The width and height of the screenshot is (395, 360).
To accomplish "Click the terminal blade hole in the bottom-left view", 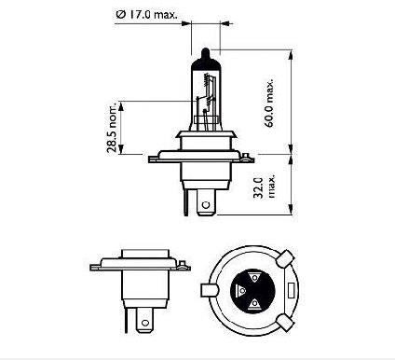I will point(143,324).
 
